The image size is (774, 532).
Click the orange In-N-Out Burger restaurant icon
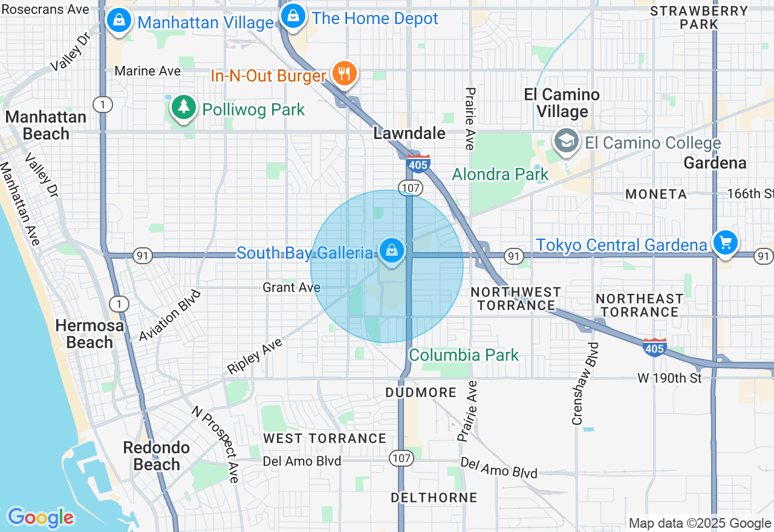pyautogui.click(x=344, y=74)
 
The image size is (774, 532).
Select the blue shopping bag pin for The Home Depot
pyautogui.click(x=293, y=16)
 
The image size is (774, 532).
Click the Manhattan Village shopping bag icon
pyautogui.click(x=120, y=20)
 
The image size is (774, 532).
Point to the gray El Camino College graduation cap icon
pyautogui.click(x=566, y=141)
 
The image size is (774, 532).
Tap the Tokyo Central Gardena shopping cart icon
pyautogui.click(x=725, y=242)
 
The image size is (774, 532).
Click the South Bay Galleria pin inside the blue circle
pyautogui.click(x=392, y=250)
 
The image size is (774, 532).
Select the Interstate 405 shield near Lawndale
pyautogui.click(x=418, y=164)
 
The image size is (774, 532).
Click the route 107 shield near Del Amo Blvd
pyautogui.click(x=402, y=458)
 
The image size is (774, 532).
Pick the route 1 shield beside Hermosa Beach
pyautogui.click(x=119, y=303)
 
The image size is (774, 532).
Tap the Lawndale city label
pyautogui.click(x=409, y=133)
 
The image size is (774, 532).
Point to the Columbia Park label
pyautogui.click(x=464, y=355)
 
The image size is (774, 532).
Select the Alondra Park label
pyautogui.click(x=500, y=175)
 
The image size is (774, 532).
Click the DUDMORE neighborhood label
pyautogui.click(x=421, y=392)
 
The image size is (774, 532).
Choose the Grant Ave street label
pyautogui.click(x=291, y=287)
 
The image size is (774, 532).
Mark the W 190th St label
pyautogui.click(x=669, y=378)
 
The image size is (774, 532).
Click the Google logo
pyautogui.click(x=41, y=517)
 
